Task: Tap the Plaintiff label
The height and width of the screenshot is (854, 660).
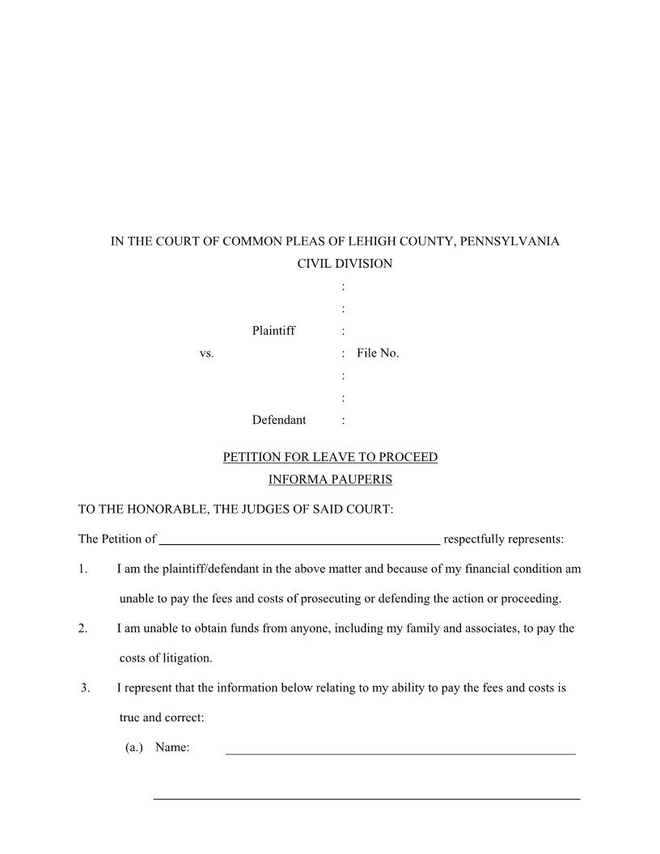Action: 273,331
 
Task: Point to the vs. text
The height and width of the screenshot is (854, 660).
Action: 206,353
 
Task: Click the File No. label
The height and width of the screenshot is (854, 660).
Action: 378,353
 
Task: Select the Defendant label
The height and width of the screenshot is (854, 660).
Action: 278,420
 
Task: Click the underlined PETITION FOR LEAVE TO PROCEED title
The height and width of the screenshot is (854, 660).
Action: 330,458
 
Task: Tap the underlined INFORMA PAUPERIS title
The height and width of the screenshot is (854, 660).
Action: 330,480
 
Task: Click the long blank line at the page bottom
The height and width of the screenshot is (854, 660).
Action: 366,798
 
